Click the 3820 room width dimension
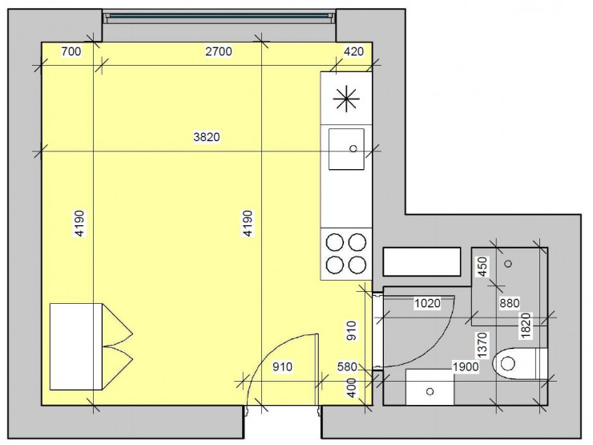(207, 136)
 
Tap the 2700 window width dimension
(219, 51)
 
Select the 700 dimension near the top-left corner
(71, 51)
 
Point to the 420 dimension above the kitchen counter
(353, 51)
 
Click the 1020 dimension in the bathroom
(427, 303)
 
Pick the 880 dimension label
(510, 303)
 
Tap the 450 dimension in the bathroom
(483, 267)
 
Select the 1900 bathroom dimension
(466, 366)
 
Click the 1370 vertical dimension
(483, 345)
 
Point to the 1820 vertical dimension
(526, 326)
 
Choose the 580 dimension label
(347, 366)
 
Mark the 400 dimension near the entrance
(352, 388)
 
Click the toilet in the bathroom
(520, 364)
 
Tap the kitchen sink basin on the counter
(346, 149)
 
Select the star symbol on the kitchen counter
(346, 99)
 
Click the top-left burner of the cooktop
(335, 243)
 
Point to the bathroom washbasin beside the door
(430, 387)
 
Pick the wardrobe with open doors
(91, 346)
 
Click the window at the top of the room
(220, 16)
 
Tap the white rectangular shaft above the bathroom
(422, 261)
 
